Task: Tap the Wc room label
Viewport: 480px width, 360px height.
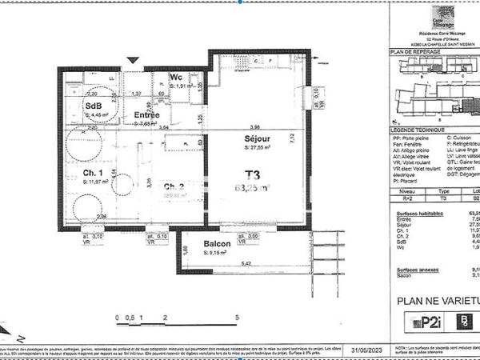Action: pos(177,77)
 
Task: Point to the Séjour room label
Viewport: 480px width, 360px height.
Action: pos(258,138)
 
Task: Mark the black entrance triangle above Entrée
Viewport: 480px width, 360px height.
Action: pos(134,60)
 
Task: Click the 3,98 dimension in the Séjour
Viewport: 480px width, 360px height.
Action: pos(254,127)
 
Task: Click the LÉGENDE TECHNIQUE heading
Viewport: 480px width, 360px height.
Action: pos(414,129)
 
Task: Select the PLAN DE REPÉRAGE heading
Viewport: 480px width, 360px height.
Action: pos(411,51)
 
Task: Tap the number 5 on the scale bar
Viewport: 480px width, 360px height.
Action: pos(237,318)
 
